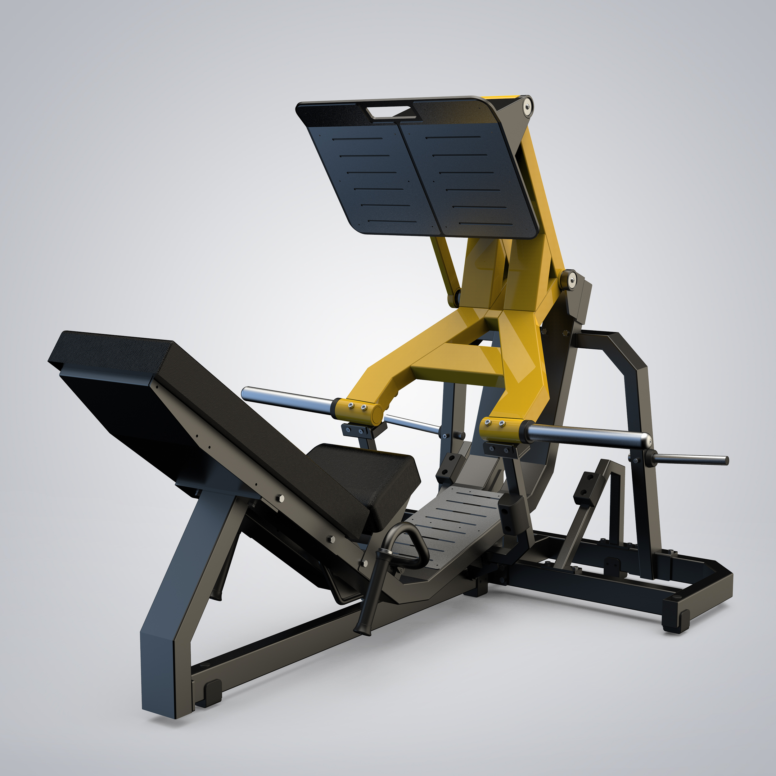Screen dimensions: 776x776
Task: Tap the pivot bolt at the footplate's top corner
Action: click(527, 106)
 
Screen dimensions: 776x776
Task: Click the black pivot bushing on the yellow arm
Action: click(569, 280)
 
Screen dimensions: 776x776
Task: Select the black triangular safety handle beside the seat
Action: click(396, 558)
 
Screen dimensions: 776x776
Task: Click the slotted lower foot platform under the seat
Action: click(454, 518)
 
